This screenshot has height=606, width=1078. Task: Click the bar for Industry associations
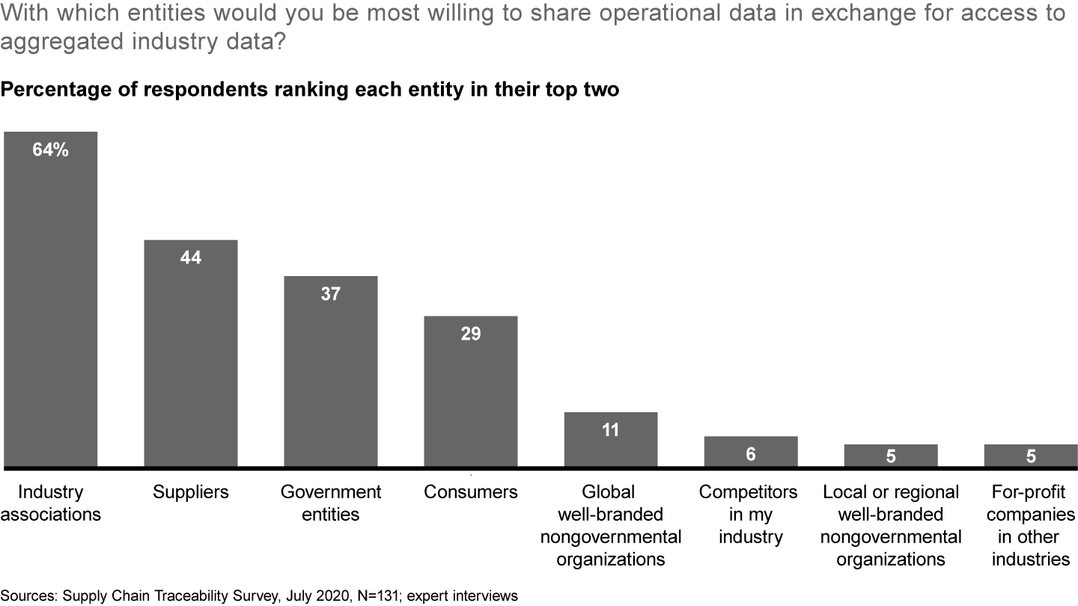[x=50, y=299]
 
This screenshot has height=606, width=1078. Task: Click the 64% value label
[x=50, y=150]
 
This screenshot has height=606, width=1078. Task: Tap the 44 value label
[x=190, y=258]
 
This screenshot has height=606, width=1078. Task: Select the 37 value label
[x=330, y=294]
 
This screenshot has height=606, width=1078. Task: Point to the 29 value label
[x=470, y=334]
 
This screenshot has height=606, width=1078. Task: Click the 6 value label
[x=750, y=454]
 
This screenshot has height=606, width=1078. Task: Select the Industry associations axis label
[x=50, y=503]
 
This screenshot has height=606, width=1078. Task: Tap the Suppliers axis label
[x=190, y=492]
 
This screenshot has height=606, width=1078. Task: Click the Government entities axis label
[x=330, y=503]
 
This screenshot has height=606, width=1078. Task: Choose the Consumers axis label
[x=470, y=492]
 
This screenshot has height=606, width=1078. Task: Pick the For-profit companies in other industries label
[x=1031, y=525]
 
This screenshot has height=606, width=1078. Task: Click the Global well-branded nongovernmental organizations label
[x=610, y=525]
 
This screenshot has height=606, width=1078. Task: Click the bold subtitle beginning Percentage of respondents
[x=310, y=91]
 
